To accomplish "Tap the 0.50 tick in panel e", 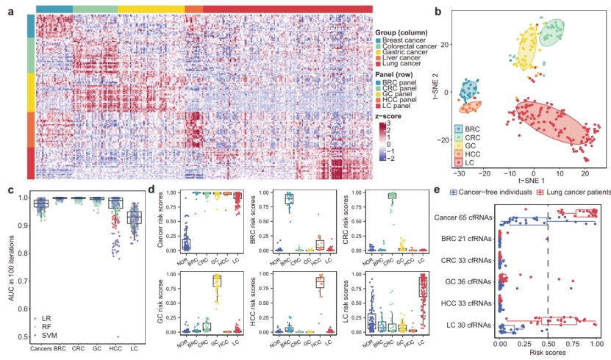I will (x=549, y=343).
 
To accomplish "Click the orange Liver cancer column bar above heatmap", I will (x=193, y=8).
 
